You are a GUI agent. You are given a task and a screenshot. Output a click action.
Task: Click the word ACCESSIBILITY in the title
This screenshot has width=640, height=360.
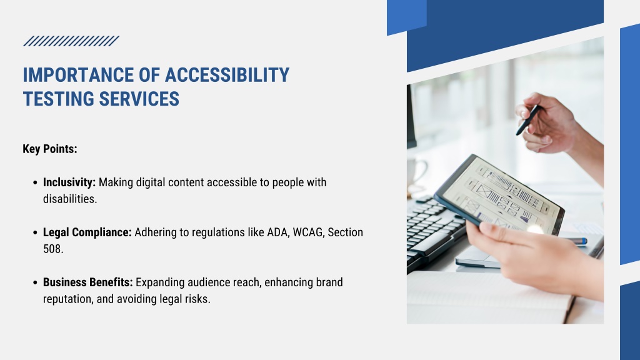(227, 75)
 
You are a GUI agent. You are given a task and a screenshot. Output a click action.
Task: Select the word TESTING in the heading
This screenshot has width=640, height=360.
(59, 99)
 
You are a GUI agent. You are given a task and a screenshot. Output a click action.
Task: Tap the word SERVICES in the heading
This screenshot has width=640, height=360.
(139, 99)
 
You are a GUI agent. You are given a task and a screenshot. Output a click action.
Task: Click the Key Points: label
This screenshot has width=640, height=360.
(50, 149)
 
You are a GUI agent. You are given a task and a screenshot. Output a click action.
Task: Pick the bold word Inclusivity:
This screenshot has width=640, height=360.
(69, 182)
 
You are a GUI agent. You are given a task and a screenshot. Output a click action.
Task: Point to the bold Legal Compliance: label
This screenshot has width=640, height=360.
(87, 232)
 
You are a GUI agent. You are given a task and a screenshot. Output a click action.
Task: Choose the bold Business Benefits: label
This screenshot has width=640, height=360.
(87, 282)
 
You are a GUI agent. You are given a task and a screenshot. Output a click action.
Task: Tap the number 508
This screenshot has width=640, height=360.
(53, 249)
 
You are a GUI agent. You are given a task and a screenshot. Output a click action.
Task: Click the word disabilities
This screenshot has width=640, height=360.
(70, 199)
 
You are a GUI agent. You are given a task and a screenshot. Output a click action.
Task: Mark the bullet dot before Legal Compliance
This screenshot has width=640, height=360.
(35, 232)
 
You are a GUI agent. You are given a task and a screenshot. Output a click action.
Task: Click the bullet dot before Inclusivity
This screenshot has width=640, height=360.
(35, 182)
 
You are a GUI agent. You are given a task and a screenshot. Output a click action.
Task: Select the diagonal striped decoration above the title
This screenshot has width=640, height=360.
(71, 41)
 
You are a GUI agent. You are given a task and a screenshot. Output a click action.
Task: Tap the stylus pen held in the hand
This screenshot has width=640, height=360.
(529, 120)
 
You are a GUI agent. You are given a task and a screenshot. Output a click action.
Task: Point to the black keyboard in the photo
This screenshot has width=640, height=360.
(432, 232)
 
